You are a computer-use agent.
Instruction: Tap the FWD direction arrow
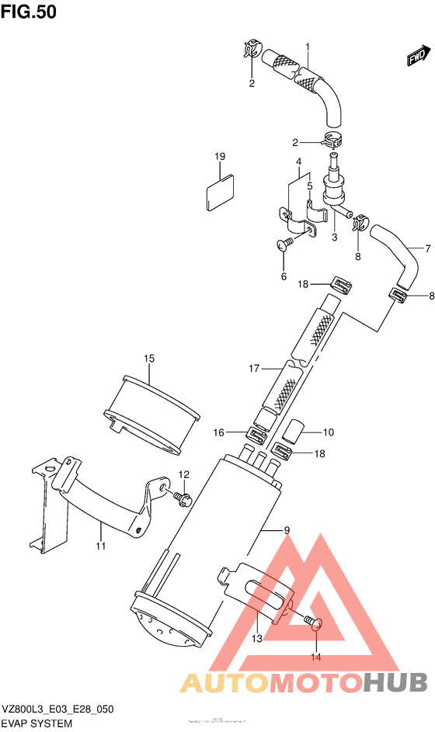417,57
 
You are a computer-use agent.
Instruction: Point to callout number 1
308,47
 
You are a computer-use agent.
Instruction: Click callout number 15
148,358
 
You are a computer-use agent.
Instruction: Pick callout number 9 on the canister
287,530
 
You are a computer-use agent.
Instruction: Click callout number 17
253,369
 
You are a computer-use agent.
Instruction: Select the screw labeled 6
284,245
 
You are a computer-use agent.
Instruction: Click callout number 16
219,432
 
